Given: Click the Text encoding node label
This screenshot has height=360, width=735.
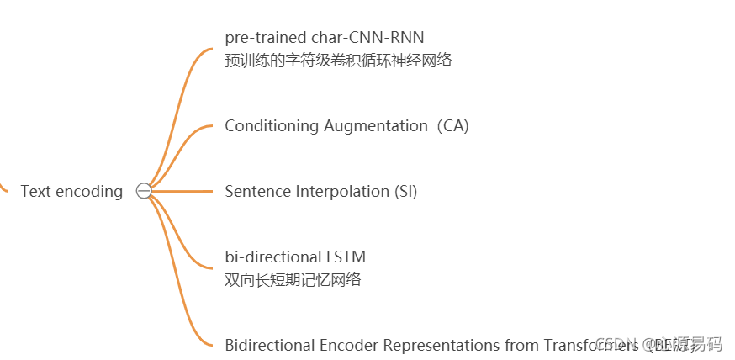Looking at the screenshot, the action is click(71, 192).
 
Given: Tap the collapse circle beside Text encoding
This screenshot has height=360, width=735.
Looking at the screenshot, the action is click(144, 192).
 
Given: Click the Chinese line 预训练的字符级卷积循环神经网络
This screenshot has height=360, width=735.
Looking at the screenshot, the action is click(338, 61).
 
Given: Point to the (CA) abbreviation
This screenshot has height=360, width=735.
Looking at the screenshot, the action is click(452, 126).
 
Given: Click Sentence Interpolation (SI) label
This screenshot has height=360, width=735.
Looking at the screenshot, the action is click(320, 192).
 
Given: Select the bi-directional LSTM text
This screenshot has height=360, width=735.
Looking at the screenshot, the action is click(295, 257).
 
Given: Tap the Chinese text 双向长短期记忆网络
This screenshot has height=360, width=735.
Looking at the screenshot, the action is click(293, 280).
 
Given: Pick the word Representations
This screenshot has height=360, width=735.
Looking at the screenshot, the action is click(442, 345).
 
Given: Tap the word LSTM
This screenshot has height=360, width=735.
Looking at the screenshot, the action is click(346, 257).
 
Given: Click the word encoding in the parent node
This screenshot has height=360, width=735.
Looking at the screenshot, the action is click(89, 192).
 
